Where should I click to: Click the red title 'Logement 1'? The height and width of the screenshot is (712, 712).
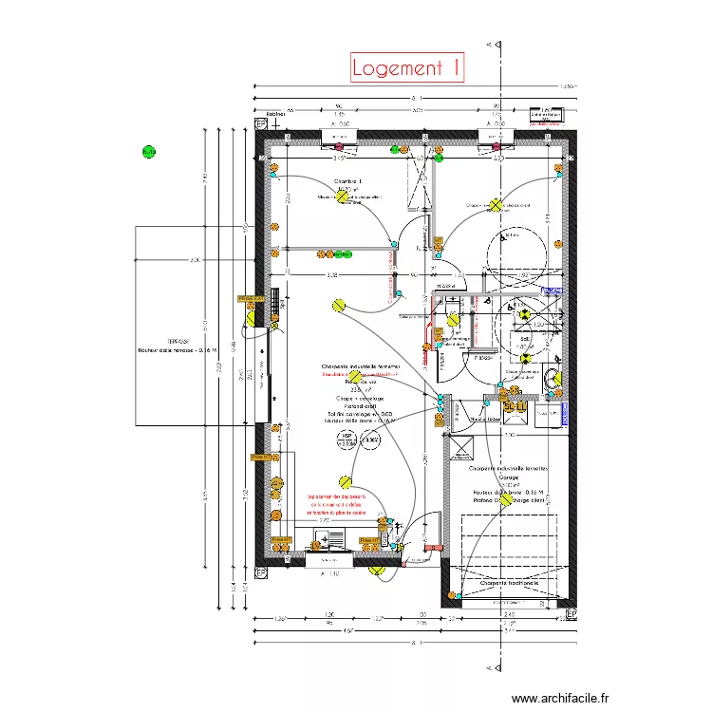click(406, 67)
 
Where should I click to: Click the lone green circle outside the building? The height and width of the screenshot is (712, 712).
click(148, 151)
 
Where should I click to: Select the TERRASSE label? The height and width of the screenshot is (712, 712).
click(178, 341)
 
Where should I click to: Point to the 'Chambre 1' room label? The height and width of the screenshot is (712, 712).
click(347, 180)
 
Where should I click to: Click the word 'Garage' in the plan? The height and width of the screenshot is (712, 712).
click(503, 478)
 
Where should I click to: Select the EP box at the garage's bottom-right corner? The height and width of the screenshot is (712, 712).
click(571, 615)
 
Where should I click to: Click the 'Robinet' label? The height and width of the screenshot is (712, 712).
click(275, 114)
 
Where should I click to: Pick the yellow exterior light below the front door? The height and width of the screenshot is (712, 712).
click(376, 571)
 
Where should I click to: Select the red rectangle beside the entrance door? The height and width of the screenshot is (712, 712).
click(434, 548)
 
